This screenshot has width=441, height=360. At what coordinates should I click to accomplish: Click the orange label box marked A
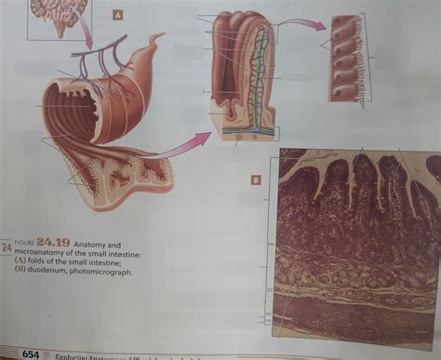[x=117, y=15]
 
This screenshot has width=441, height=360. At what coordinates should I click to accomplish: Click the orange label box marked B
[x=254, y=180]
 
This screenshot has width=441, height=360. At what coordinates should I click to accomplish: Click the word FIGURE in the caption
[x=29, y=244]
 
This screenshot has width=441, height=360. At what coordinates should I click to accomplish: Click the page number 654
[x=31, y=353]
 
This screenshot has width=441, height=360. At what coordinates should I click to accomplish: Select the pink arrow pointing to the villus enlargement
[x=182, y=144]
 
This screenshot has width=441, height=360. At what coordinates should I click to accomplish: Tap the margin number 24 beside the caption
[x=7, y=247]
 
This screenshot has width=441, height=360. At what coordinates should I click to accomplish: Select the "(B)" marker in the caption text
[x=20, y=273]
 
